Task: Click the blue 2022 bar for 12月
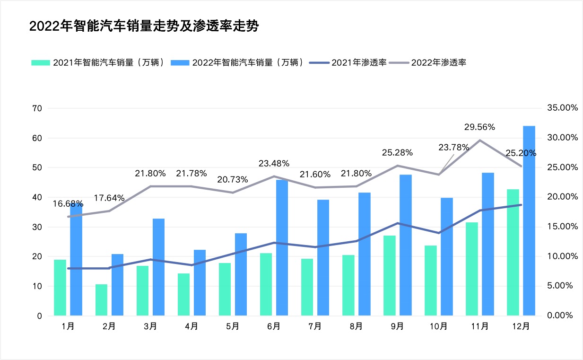[529, 220]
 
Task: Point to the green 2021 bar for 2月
[101, 299]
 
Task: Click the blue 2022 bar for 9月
[405, 245]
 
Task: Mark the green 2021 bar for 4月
[183, 294]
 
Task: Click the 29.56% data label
[479, 127]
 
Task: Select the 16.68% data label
[68, 204]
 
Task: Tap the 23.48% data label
[274, 164]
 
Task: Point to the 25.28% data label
[397, 153]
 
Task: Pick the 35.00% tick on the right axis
[562, 108]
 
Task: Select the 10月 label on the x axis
[439, 326]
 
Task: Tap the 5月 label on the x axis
[233, 326]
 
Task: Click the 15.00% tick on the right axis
[562, 227]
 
